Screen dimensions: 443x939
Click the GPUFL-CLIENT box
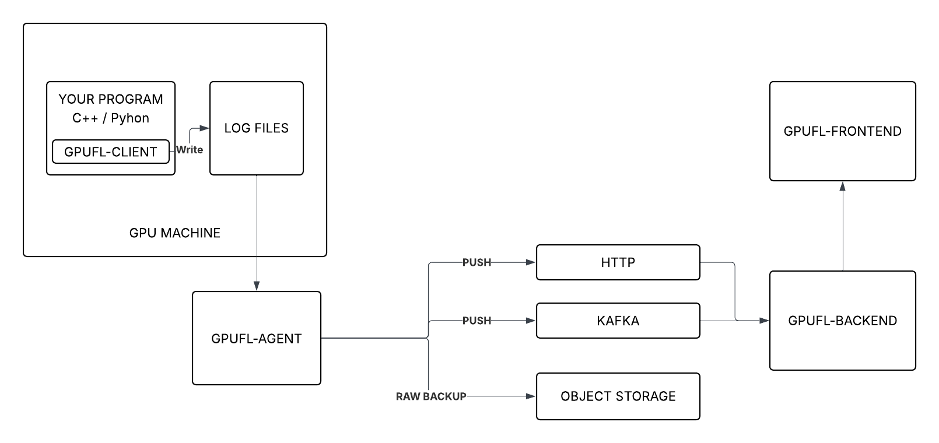pyautogui.click(x=111, y=152)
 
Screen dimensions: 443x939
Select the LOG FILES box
pyautogui.click(x=257, y=128)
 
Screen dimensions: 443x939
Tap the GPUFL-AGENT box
pyautogui.click(x=257, y=338)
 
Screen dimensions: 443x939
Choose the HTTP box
pyautogui.click(x=618, y=262)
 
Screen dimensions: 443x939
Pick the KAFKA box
pyautogui.click(x=618, y=321)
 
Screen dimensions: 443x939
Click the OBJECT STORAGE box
pyautogui.click(x=618, y=396)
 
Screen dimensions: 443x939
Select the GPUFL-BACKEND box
pyautogui.click(x=842, y=321)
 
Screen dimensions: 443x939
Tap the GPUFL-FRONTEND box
pyautogui.click(x=842, y=131)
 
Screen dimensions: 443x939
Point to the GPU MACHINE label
pyautogui.click(x=175, y=233)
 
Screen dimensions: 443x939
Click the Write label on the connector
pyautogui.click(x=190, y=150)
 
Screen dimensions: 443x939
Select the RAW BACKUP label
pyautogui.click(x=431, y=396)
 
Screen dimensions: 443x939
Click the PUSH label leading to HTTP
pyautogui.click(x=476, y=262)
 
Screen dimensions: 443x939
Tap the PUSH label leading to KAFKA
pyautogui.click(x=476, y=321)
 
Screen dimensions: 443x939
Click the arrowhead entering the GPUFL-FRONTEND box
pyautogui.click(x=843, y=186)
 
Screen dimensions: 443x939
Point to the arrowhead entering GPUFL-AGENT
pyautogui.click(x=257, y=286)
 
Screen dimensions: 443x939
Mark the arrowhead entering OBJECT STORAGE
pyautogui.click(x=531, y=396)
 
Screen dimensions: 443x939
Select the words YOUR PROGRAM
pyautogui.click(x=111, y=99)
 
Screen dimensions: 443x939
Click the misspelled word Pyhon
pyautogui.click(x=130, y=118)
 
